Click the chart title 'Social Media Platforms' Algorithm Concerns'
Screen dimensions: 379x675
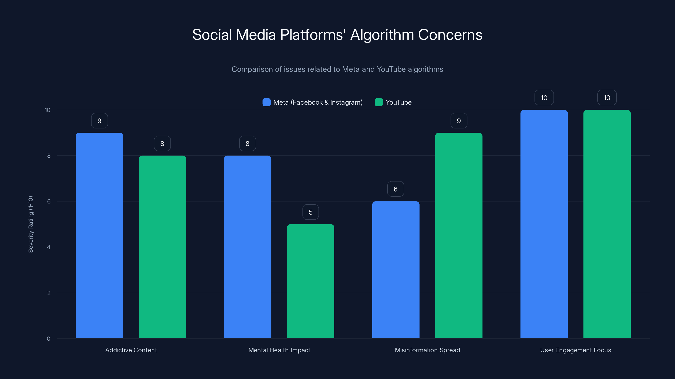point(337,35)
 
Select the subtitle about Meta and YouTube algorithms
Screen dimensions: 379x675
point(337,69)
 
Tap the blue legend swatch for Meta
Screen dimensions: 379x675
point(266,102)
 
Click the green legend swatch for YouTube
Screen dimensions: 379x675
point(379,102)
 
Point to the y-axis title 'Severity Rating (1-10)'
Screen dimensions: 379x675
point(31,224)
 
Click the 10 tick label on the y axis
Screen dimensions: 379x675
point(47,110)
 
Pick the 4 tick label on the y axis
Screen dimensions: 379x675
point(49,247)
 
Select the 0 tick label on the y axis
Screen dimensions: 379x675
point(49,339)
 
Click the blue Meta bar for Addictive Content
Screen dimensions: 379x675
point(99,235)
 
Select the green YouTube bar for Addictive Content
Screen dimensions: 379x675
point(162,247)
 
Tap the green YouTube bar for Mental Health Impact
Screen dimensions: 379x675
point(310,281)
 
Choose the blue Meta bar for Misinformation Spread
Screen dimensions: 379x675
point(396,270)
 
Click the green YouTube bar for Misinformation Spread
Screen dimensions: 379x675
point(459,235)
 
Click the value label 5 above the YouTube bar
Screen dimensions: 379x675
point(310,212)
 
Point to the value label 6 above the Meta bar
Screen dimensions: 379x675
point(396,189)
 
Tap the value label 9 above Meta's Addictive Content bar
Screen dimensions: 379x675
point(99,121)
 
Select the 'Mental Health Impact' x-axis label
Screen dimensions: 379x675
point(279,350)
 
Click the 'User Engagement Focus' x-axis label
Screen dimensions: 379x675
point(575,350)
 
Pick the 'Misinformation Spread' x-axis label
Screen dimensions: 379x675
point(427,350)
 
